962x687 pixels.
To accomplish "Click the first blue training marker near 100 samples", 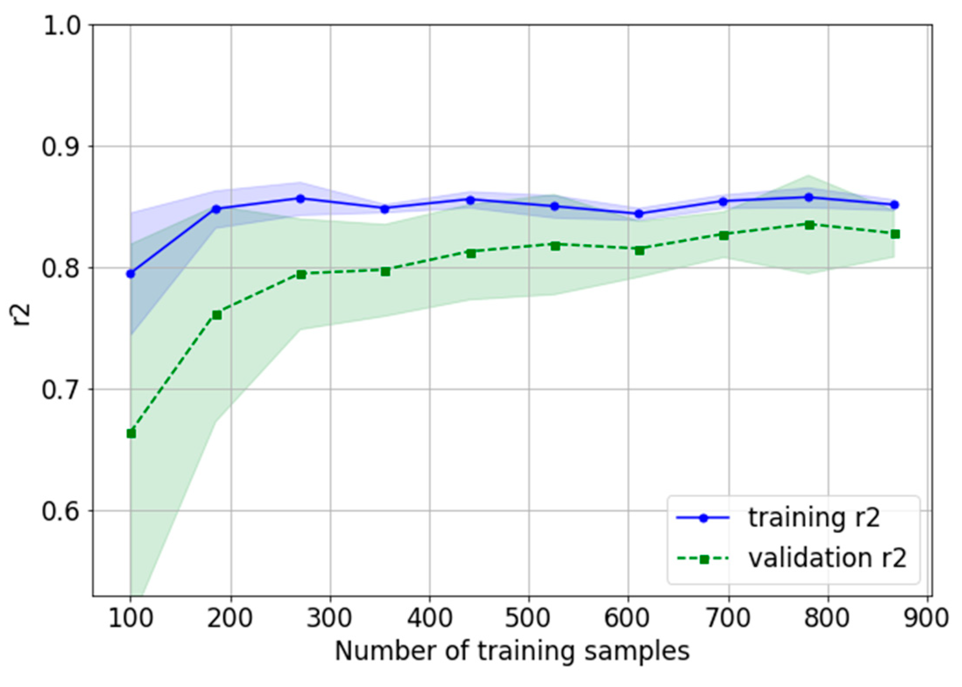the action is pyautogui.click(x=130, y=274).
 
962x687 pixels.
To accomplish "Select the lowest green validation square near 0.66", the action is pyautogui.click(x=131, y=434).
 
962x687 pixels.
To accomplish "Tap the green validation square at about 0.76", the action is pyautogui.click(x=217, y=315).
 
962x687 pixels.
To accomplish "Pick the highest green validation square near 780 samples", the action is pyautogui.click(x=810, y=225).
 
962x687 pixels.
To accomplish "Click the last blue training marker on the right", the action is pyautogui.click(x=895, y=205).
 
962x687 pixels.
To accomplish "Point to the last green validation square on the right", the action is pyautogui.click(x=895, y=234).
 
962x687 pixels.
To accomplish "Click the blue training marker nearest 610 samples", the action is pyautogui.click(x=639, y=214).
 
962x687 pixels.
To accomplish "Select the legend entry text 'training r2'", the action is pyautogui.click(x=814, y=518).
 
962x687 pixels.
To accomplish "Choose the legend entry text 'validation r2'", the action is pyautogui.click(x=827, y=558).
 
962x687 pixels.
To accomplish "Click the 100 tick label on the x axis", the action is pyautogui.click(x=130, y=618).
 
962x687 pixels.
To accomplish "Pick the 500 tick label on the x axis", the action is pyautogui.click(x=529, y=618).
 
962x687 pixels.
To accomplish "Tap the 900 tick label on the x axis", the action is pyautogui.click(x=927, y=618).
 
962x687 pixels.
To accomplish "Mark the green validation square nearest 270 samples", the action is pyautogui.click(x=301, y=275).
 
